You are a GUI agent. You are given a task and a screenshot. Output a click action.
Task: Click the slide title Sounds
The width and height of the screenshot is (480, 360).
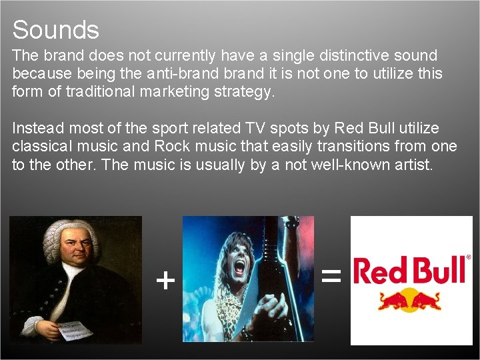[55, 30]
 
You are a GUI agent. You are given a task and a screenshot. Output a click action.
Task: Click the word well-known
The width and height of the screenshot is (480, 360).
[341, 165]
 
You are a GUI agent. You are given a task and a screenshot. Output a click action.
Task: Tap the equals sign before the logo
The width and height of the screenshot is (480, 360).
[331, 275]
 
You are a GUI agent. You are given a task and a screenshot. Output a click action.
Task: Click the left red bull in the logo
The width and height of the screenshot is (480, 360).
[393, 301]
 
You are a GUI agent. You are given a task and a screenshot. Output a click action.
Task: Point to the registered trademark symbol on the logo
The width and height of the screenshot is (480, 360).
[468, 257]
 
